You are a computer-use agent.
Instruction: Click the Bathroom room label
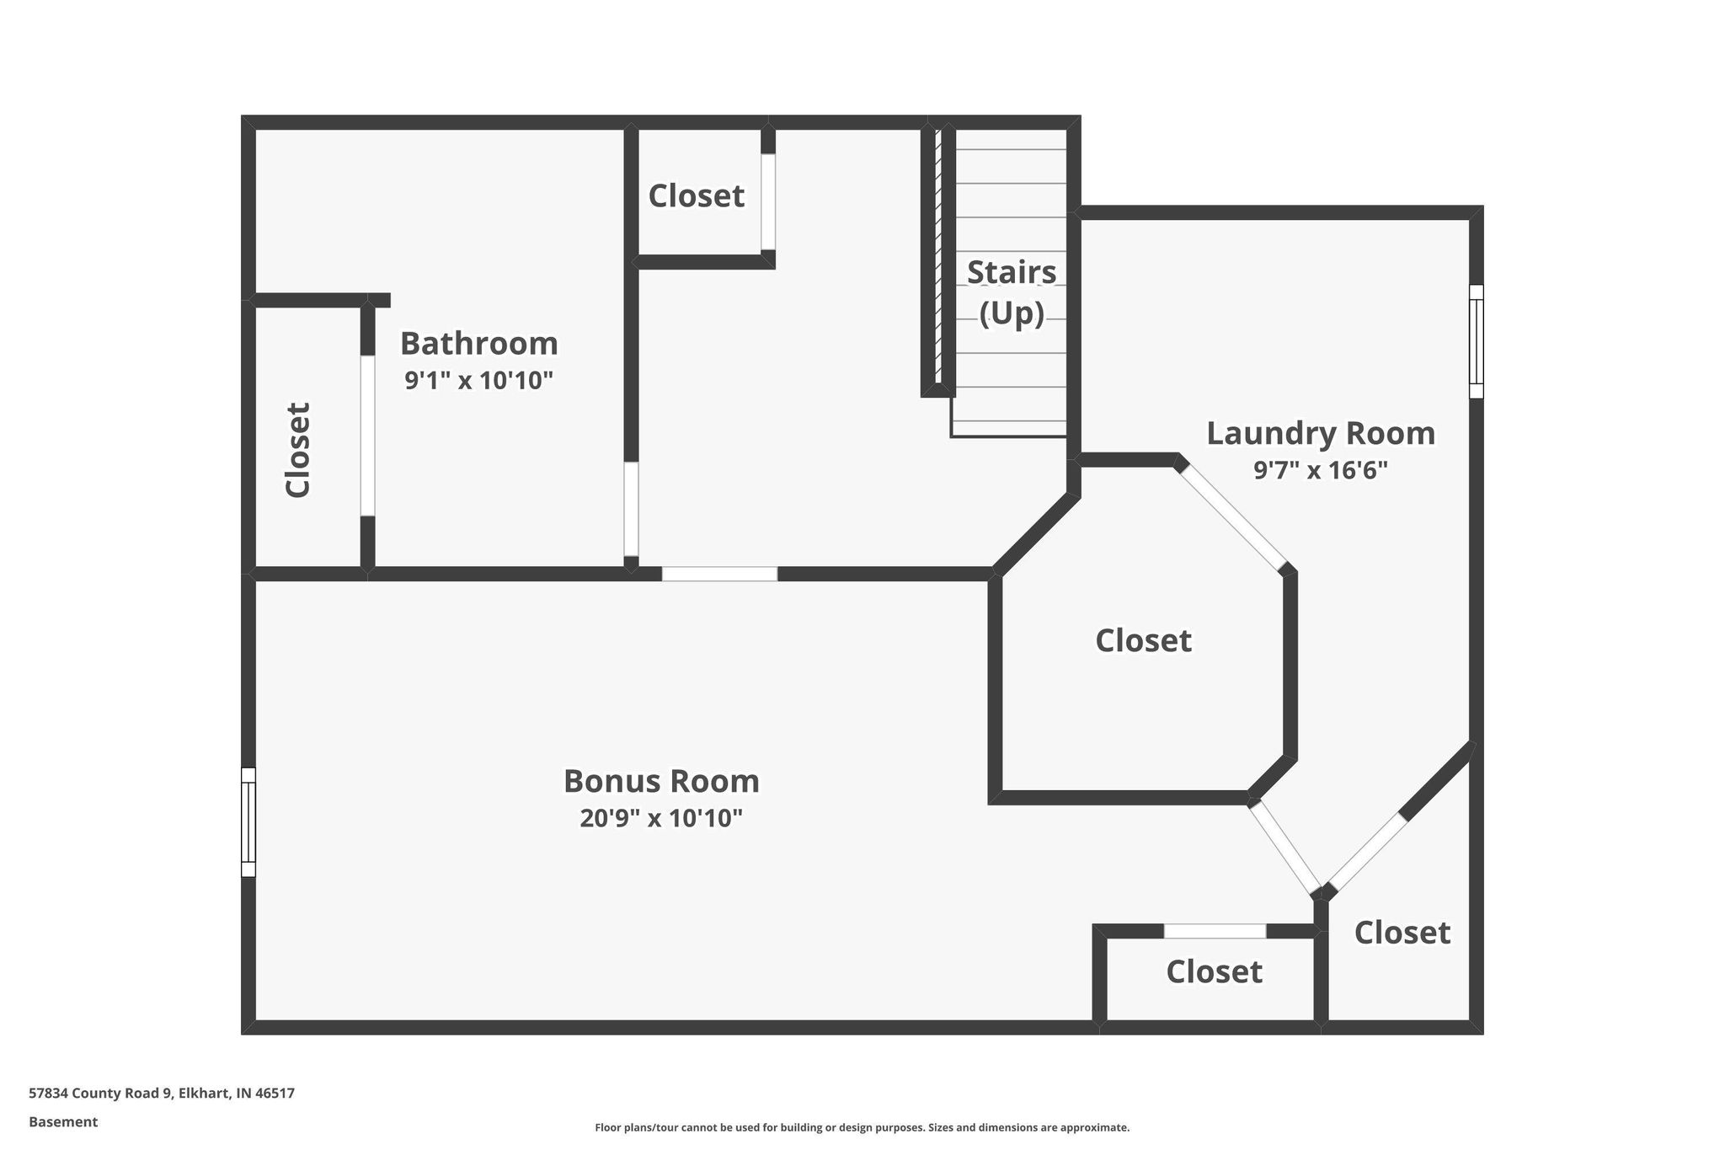[x=478, y=344]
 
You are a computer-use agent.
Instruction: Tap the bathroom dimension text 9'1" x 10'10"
[x=478, y=381]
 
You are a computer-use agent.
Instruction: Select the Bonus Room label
[x=661, y=781]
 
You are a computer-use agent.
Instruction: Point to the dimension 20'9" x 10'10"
[x=661, y=818]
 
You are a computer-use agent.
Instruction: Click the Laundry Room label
[x=1321, y=433]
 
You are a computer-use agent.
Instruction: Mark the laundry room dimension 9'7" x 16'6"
[x=1321, y=470]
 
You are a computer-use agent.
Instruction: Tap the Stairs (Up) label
[x=1011, y=292]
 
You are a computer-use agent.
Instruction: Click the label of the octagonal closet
[x=1143, y=641]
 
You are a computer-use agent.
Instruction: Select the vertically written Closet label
[x=298, y=450]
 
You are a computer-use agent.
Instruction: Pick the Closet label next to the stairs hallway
[x=696, y=196]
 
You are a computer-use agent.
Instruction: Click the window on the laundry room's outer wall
[x=1476, y=341]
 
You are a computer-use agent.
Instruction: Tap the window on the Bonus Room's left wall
[x=248, y=821]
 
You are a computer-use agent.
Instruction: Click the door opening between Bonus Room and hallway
[x=719, y=574]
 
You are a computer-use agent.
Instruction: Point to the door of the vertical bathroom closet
[x=367, y=436]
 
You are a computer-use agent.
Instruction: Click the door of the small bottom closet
[x=1215, y=931]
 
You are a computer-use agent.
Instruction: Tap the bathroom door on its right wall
[x=631, y=509]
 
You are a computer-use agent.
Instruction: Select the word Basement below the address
[x=63, y=1121]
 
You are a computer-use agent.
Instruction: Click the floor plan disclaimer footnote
[x=862, y=1127]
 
